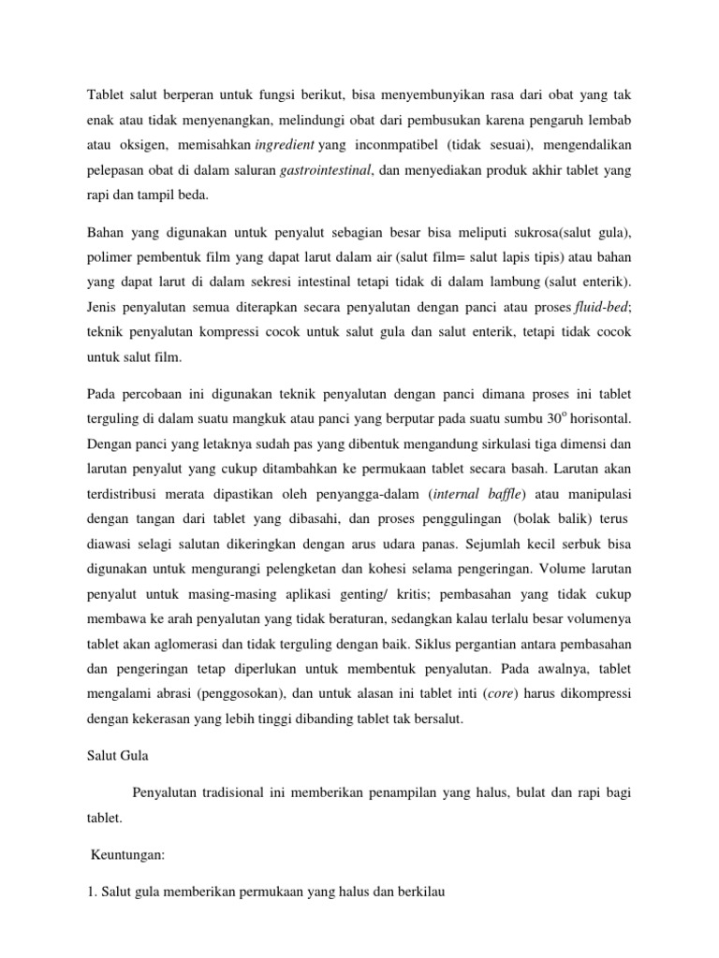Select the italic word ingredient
click(x=286, y=146)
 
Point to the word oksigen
click(x=145, y=146)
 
